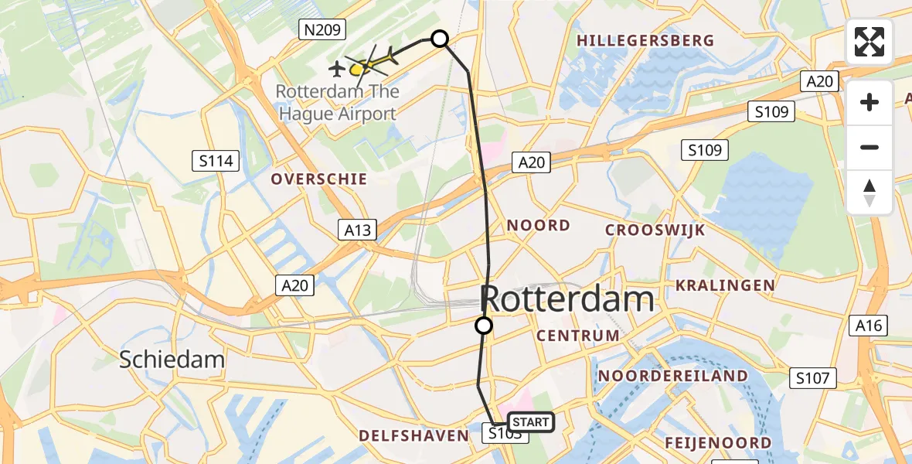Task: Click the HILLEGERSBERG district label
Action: coord(645,40)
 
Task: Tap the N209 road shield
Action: coord(322,29)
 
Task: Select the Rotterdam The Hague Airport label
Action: coord(338,103)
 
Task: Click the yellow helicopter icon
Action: coord(360,69)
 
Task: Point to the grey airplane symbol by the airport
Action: coord(337,70)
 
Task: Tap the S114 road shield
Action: coord(216,161)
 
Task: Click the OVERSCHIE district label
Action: coord(318,179)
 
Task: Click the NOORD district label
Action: coord(539,226)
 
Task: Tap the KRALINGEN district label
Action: coord(725,285)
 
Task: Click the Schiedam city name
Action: coord(172,359)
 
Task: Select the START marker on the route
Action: coord(531,421)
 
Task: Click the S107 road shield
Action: coord(813,378)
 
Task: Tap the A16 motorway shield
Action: coord(869,326)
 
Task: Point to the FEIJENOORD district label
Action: coord(718,443)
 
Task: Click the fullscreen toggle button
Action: coord(869,42)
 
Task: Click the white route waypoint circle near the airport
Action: coord(440,39)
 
